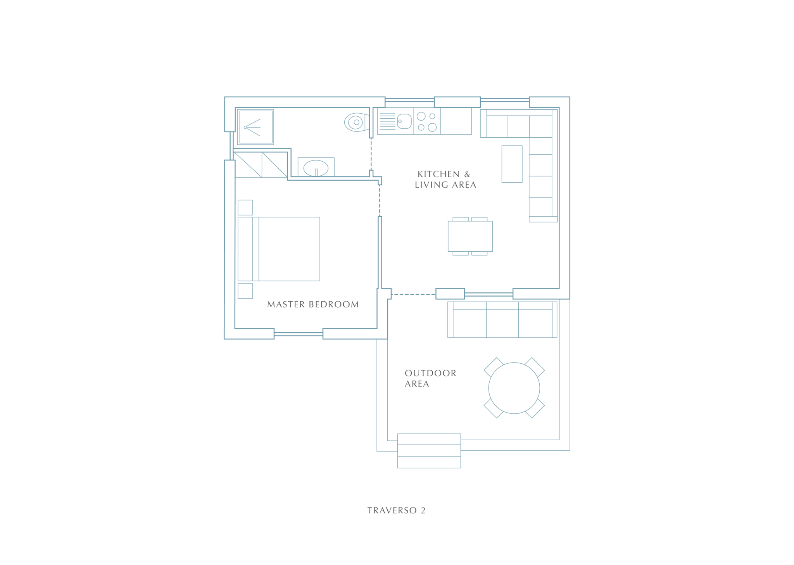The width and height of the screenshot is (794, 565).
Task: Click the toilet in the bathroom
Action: point(356,122)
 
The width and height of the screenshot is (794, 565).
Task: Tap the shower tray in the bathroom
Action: point(256,127)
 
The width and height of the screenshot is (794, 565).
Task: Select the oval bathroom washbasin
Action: point(316,168)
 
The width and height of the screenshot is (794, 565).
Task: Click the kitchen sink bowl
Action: point(404,121)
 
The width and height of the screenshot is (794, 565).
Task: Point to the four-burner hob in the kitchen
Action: point(427,121)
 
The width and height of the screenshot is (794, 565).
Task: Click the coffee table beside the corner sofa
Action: point(512,164)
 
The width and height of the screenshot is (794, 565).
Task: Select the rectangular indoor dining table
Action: point(470,236)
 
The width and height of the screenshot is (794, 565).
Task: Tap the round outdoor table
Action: point(514,388)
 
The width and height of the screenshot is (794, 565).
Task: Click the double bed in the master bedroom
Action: point(279,249)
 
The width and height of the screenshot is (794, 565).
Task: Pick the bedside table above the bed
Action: point(245,207)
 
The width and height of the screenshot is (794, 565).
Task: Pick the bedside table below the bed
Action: point(245,291)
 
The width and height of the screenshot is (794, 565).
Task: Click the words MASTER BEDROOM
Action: point(313,304)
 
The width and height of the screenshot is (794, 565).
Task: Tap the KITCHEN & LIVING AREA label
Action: point(445,180)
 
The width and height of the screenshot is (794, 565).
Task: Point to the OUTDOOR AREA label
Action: point(430,378)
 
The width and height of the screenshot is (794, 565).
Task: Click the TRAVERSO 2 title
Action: point(397,510)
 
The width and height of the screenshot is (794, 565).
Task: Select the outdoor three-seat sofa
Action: point(502,320)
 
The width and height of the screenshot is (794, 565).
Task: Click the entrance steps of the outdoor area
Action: point(429,451)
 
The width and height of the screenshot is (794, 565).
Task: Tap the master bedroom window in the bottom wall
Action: point(299,334)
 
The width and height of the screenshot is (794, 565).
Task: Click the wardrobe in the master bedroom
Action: point(261,165)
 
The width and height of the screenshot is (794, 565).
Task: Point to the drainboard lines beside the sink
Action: point(387,121)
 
